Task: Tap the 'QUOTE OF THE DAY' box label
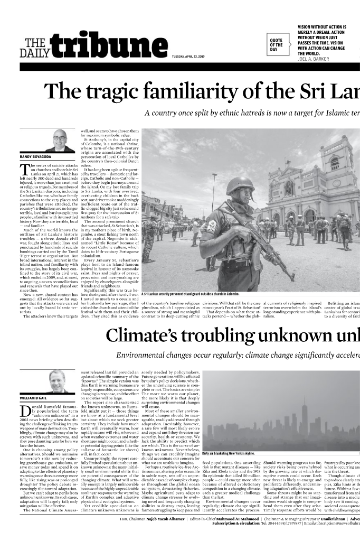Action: click(277, 45)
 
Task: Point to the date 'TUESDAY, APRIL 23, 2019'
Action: click(188, 57)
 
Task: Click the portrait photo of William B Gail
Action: click(56, 381)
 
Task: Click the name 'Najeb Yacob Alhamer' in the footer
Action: click(166, 519)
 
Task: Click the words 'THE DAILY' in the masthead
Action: click(35, 48)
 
